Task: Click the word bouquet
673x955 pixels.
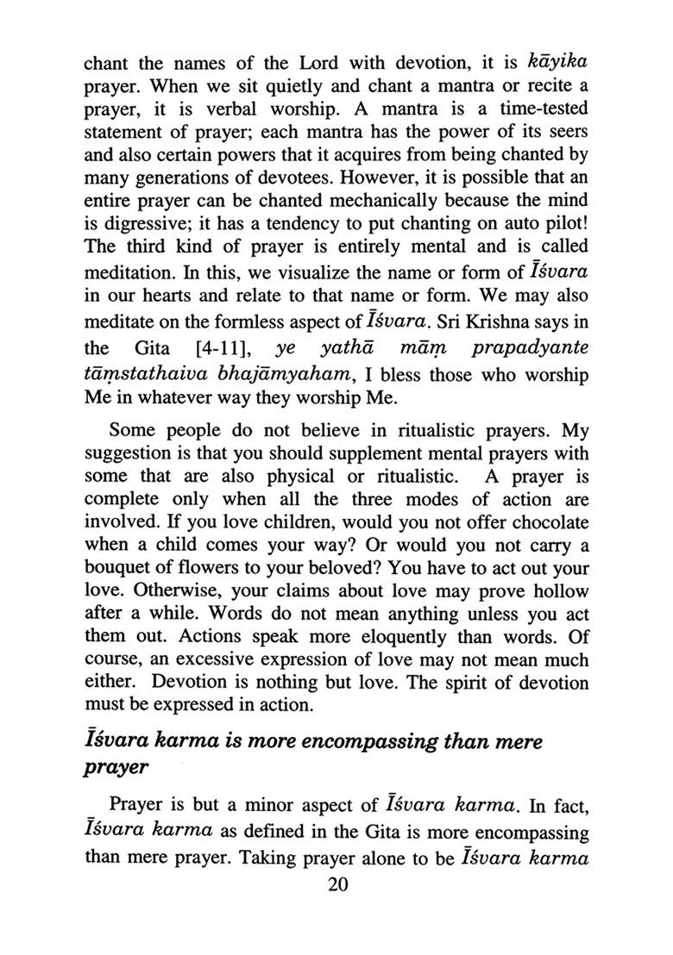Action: point(117,568)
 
